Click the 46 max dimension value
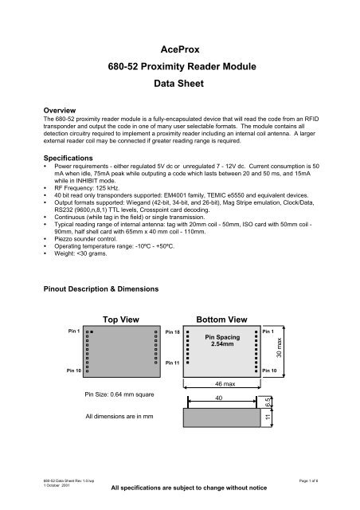coord(224,384)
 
